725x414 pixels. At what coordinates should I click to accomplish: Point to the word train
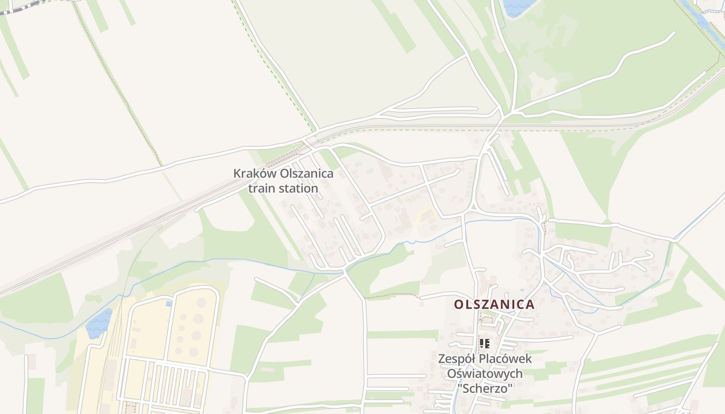pyautogui.click(x=262, y=188)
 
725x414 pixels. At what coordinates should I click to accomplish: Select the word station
pyautogui.click(x=298, y=188)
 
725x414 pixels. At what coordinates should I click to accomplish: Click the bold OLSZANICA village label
pyautogui.click(x=494, y=305)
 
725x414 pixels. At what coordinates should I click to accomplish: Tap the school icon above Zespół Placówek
pyautogui.click(x=485, y=343)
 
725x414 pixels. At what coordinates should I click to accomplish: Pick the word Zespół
pyautogui.click(x=457, y=359)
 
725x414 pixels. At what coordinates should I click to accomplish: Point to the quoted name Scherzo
pyautogui.click(x=485, y=388)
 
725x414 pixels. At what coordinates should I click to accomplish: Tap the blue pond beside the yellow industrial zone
pyautogui.click(x=99, y=323)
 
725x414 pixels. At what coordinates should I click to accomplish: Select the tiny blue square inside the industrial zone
pyautogui.click(x=169, y=304)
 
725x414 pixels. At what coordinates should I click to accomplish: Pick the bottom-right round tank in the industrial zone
pyautogui.click(x=193, y=352)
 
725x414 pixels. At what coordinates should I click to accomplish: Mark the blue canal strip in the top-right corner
pyautogui.click(x=704, y=23)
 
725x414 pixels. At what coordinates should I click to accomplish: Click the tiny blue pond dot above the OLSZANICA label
pyautogui.click(x=521, y=289)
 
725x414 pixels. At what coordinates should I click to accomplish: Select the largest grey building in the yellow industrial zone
pyautogui.click(x=110, y=373)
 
